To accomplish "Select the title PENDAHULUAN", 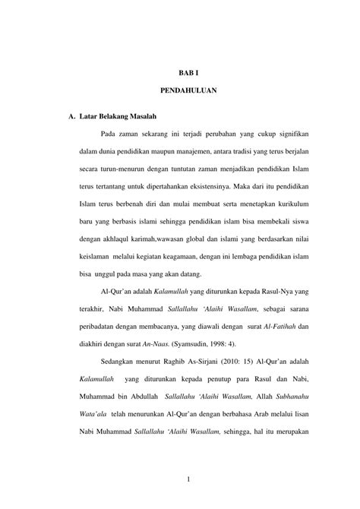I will tap(188, 90).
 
